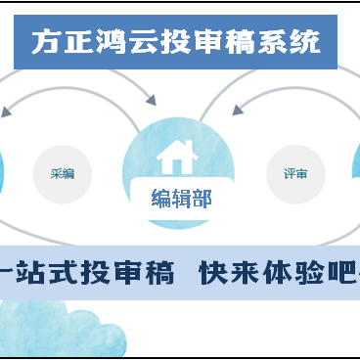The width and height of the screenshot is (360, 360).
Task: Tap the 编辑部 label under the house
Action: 181,199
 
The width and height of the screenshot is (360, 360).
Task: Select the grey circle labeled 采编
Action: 62,173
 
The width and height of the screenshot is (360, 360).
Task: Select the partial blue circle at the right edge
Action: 356,171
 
